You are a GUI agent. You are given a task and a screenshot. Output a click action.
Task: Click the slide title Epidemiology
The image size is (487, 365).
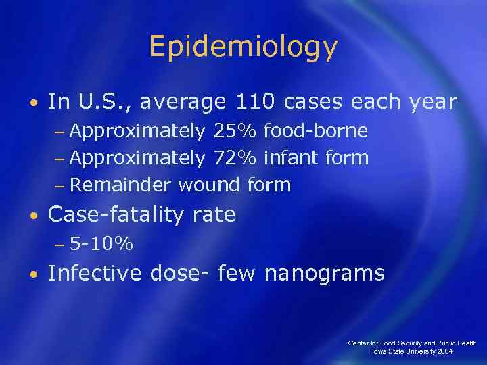coord(243,47)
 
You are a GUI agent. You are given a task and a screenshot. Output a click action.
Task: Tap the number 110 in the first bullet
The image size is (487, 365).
coord(256,101)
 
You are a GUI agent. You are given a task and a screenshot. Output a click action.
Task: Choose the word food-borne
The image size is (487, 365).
coord(316,130)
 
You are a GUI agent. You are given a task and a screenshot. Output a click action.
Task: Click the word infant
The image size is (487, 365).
coord(292,157)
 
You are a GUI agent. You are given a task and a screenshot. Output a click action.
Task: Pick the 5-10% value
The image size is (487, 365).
coord(101,243)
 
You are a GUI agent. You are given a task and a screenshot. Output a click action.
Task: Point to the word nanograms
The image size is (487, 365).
coord(324,273)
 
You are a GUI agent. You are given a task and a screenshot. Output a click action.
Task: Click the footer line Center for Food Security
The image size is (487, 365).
coord(412,343)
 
